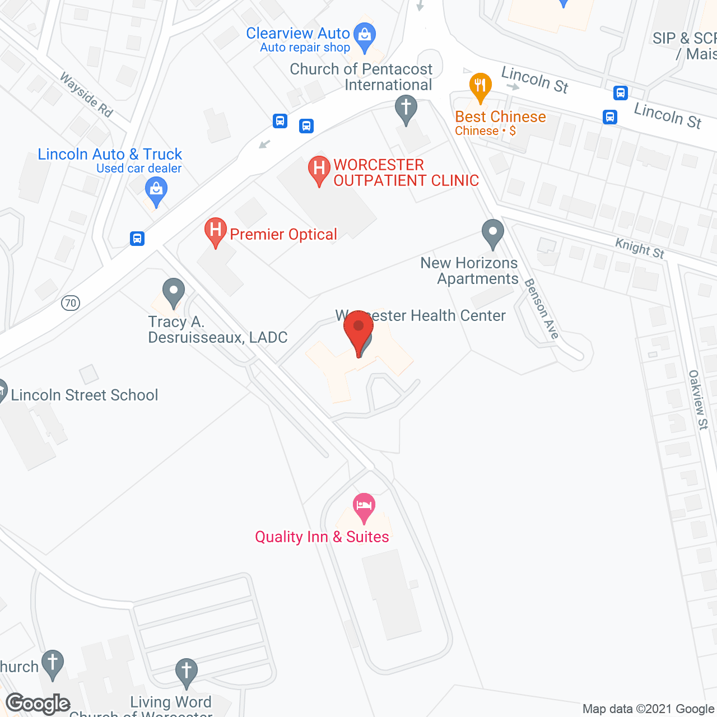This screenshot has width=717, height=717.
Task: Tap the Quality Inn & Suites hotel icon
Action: (364, 506)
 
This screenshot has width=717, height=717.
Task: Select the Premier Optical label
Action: (283, 234)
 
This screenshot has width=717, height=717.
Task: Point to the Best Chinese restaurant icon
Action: (480, 87)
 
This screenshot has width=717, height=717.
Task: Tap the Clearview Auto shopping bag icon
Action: (365, 36)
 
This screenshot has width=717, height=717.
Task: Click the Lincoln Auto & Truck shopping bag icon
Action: (156, 190)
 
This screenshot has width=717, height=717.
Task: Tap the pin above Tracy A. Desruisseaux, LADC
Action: (174, 292)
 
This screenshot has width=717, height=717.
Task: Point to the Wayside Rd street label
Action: (87, 95)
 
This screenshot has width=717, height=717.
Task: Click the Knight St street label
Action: (640, 248)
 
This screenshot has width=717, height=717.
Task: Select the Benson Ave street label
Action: (542, 309)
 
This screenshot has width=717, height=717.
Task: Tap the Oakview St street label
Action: (699, 399)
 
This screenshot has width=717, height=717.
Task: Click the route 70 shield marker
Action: (71, 303)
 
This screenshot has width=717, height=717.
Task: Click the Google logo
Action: (38, 704)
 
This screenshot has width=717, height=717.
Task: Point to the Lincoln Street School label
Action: (85, 395)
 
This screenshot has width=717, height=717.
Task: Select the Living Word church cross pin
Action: (186, 672)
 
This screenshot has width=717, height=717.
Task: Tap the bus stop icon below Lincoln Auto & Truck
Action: (137, 239)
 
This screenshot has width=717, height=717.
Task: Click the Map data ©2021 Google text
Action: (648, 709)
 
